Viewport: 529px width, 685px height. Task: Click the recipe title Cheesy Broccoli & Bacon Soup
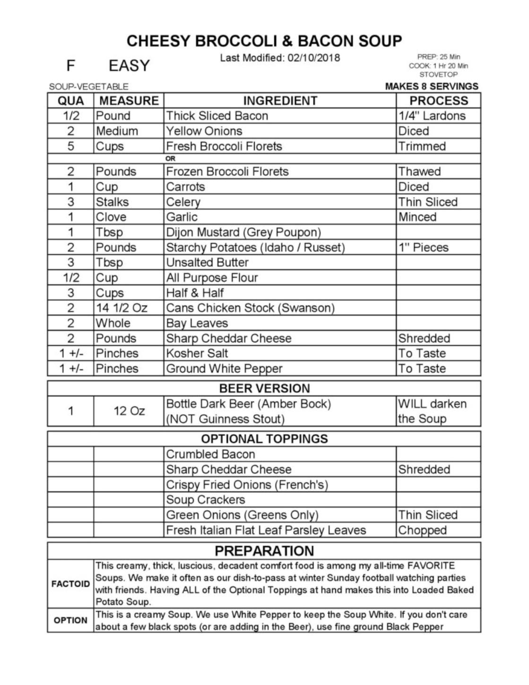coord(264,41)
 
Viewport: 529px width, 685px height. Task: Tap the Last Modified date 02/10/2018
coord(280,58)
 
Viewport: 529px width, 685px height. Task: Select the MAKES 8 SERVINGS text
coord(432,86)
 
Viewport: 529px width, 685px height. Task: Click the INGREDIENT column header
coord(280,101)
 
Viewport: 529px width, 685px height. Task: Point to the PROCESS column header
coord(439,101)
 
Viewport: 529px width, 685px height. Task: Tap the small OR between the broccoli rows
coord(170,159)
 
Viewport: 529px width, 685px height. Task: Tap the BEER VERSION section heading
coord(264,388)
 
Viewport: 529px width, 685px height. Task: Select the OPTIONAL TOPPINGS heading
coord(264,439)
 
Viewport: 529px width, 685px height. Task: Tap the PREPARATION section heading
coord(264,551)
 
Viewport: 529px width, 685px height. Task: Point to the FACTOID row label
coord(70,584)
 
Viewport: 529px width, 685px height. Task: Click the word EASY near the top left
coord(129,66)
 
